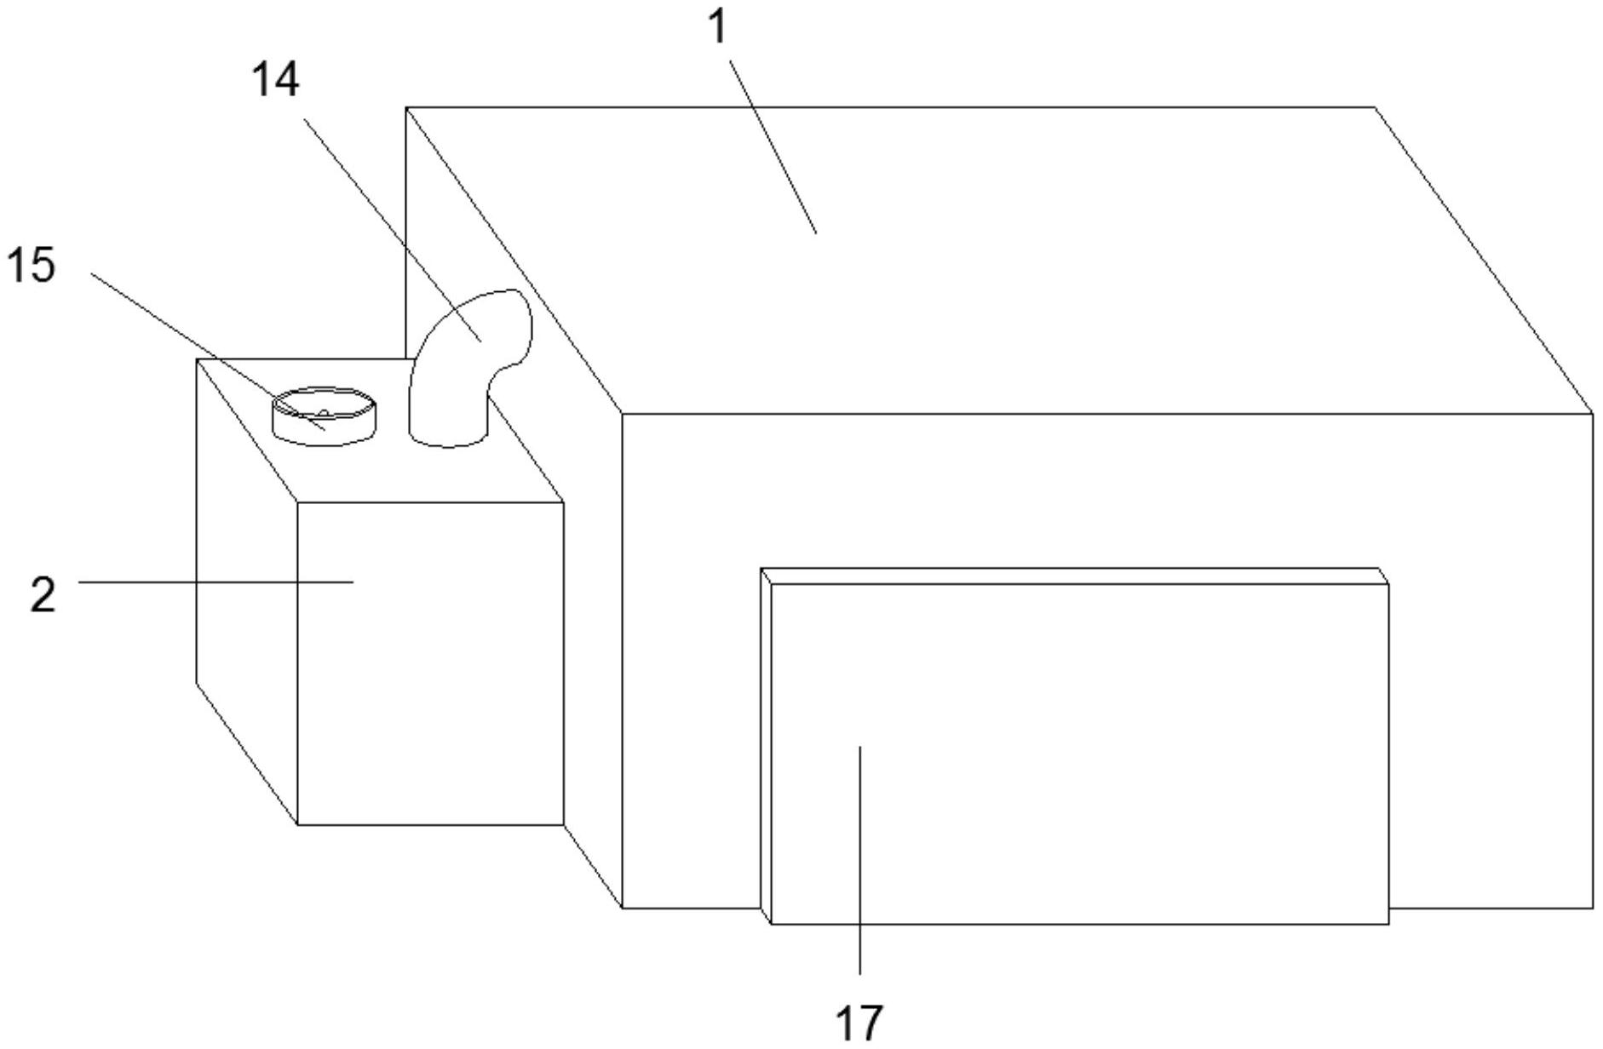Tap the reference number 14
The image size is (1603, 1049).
(x=275, y=81)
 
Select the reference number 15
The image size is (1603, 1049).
(x=32, y=265)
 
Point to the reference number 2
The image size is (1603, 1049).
(x=43, y=595)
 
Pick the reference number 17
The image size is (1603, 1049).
(x=859, y=1022)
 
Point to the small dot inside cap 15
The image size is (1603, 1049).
(x=324, y=413)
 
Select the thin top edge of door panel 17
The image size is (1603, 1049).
(x=1073, y=576)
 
